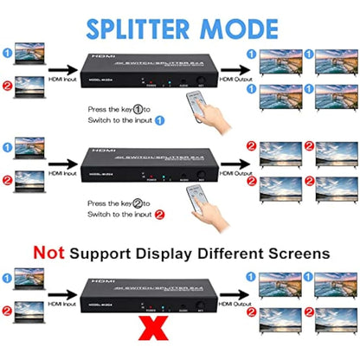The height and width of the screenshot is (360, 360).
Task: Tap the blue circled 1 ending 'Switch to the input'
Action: (159, 120)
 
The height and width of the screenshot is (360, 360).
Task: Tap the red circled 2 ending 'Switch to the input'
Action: (159, 214)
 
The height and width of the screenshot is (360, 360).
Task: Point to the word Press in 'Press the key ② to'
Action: (97, 203)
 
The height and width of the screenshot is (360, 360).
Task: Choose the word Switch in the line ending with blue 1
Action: (98, 120)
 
